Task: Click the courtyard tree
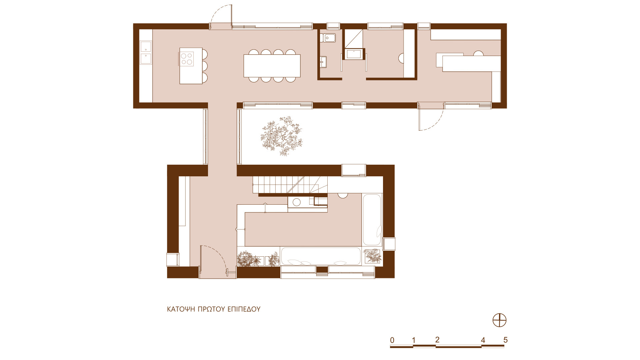tap(281, 136)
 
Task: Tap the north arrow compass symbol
tap(499, 321)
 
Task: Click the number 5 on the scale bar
tap(505, 340)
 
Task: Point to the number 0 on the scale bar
tap(392, 340)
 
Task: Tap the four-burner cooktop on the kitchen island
tap(187, 59)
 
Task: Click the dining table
tap(272, 66)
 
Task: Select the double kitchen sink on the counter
tap(146, 52)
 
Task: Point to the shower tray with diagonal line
tap(353, 39)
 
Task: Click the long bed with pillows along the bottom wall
tap(321, 256)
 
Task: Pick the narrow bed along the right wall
tap(372, 220)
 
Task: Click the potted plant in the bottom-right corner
tap(372, 256)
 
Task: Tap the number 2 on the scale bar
tap(437, 340)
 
